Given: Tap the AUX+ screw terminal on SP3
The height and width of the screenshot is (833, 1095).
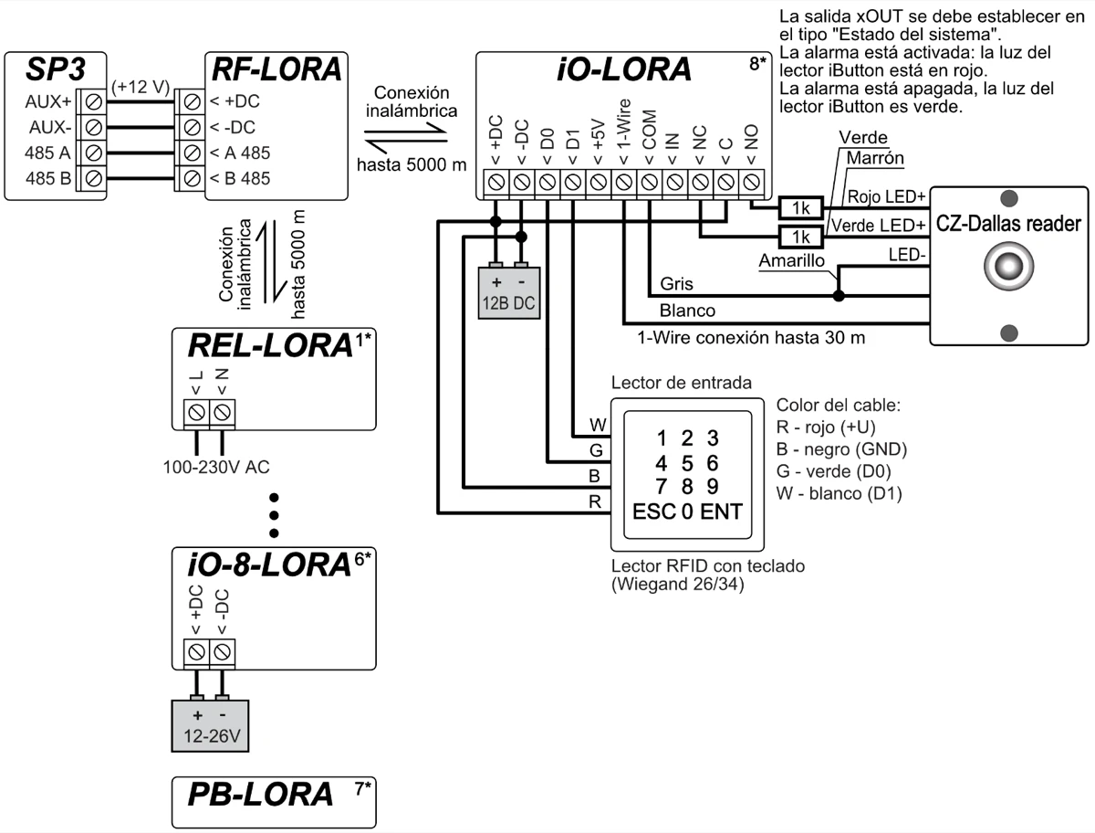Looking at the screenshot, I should tap(93, 100).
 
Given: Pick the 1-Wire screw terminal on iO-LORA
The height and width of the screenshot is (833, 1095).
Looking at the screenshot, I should tap(624, 183).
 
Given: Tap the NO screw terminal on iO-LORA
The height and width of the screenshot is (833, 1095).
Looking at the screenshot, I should tap(751, 183).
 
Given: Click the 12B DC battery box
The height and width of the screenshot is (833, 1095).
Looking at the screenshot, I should tap(509, 290).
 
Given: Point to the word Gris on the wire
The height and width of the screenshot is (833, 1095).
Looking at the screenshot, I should tap(676, 285).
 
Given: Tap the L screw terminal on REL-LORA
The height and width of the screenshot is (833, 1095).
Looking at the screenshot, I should tap(196, 413).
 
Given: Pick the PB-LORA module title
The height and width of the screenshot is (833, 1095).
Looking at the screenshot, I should tap(260, 795).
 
